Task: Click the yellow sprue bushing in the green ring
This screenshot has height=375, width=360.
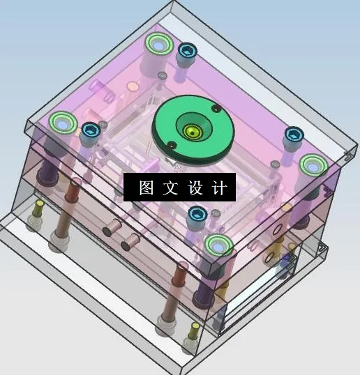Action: point(190,130)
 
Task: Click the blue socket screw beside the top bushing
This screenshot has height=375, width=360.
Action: point(187,50)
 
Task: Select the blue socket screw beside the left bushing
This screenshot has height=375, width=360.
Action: point(90,130)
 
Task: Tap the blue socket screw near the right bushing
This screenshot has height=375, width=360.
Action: point(293,134)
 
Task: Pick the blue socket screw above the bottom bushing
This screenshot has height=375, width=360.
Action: point(196,213)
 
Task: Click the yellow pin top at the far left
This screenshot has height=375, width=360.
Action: point(39,206)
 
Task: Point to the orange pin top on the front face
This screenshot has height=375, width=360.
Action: point(183,267)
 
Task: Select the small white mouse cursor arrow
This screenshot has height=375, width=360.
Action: point(179,167)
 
